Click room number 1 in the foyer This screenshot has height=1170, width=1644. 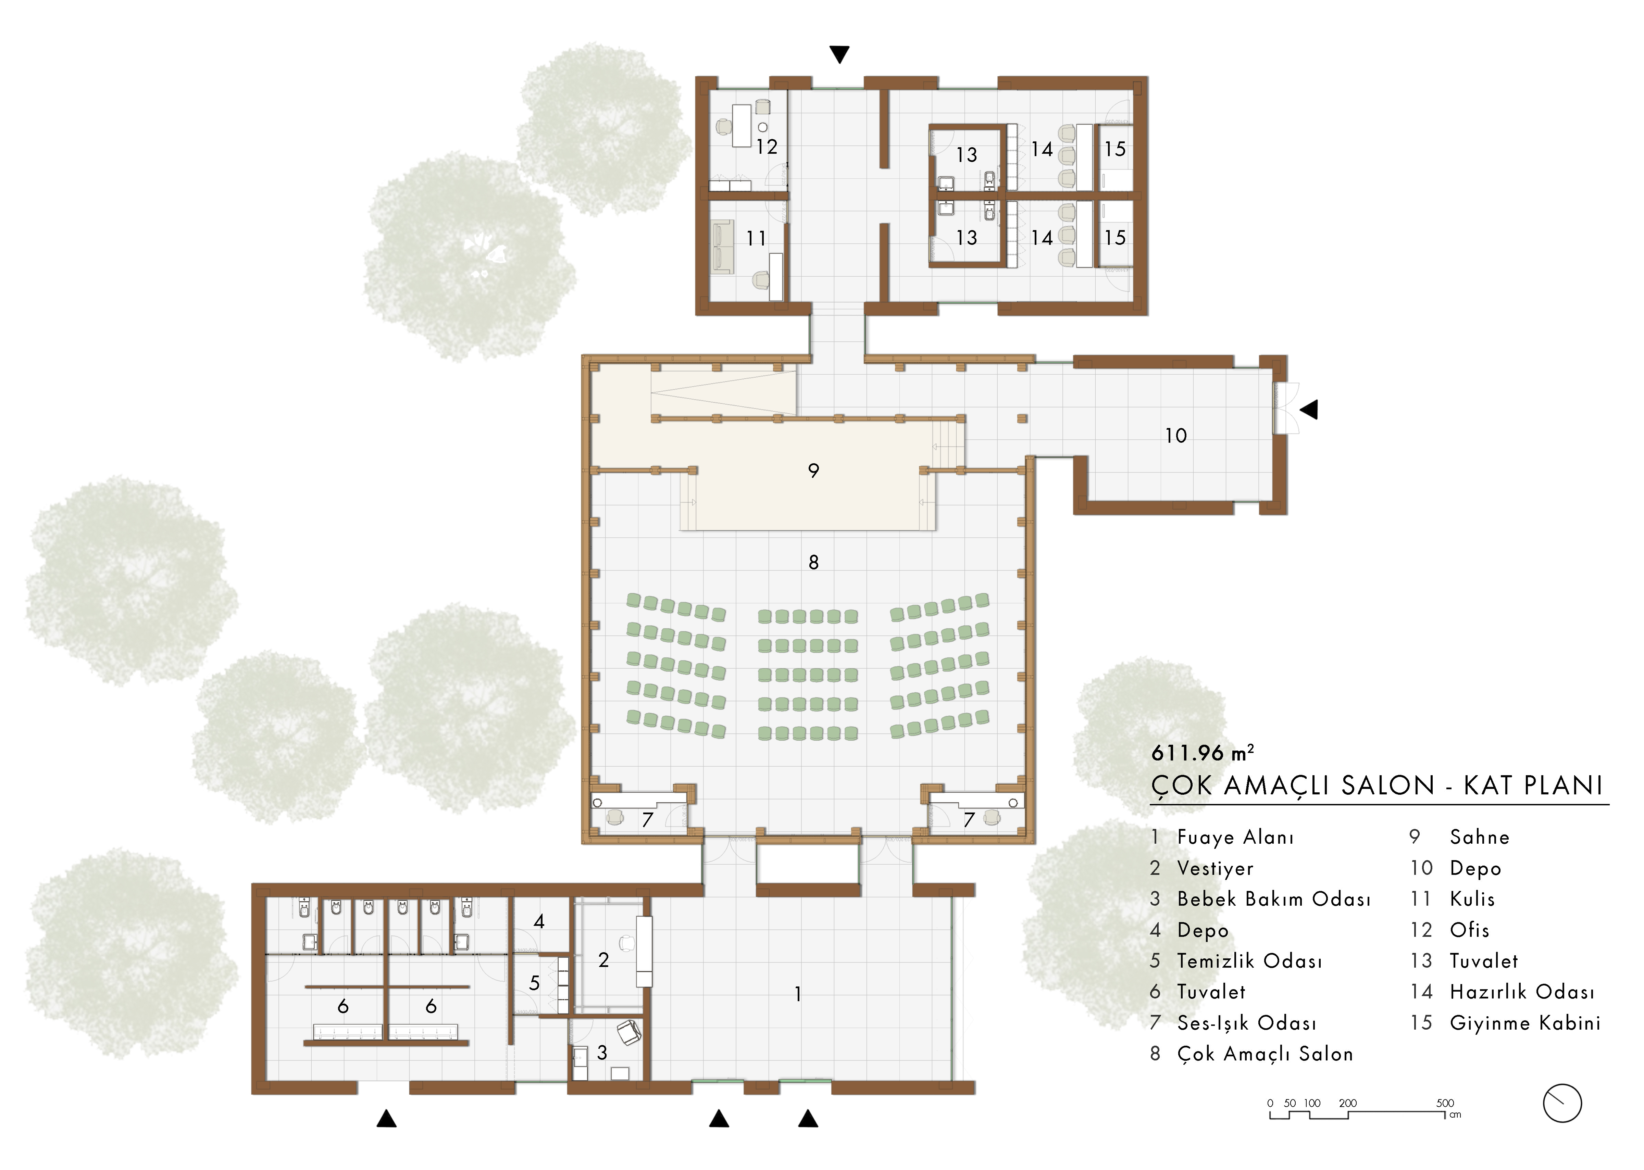click(797, 994)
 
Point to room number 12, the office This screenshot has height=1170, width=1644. click(767, 147)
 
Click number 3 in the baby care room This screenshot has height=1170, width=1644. click(602, 1053)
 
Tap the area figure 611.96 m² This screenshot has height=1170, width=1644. click(1203, 753)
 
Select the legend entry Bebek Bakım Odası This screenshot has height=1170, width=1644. click(1274, 899)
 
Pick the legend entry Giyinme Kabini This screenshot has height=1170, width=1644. click(1525, 1023)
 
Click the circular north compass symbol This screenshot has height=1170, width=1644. click(1562, 1103)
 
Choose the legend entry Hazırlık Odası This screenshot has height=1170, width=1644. click(1522, 992)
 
